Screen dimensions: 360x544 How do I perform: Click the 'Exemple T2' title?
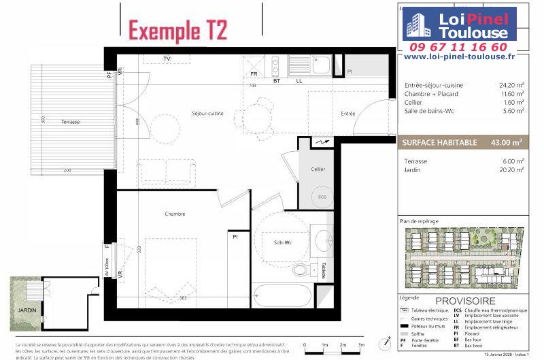click(177, 31)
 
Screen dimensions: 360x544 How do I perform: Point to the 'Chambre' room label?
click(175, 214)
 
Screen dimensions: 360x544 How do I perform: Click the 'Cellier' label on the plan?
click(318, 169)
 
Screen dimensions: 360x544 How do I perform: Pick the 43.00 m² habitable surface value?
click(507, 142)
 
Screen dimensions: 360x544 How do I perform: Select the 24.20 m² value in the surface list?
click(511, 86)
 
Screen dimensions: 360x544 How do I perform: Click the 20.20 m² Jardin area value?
click(511, 169)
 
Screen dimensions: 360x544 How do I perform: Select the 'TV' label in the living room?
click(167, 59)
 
